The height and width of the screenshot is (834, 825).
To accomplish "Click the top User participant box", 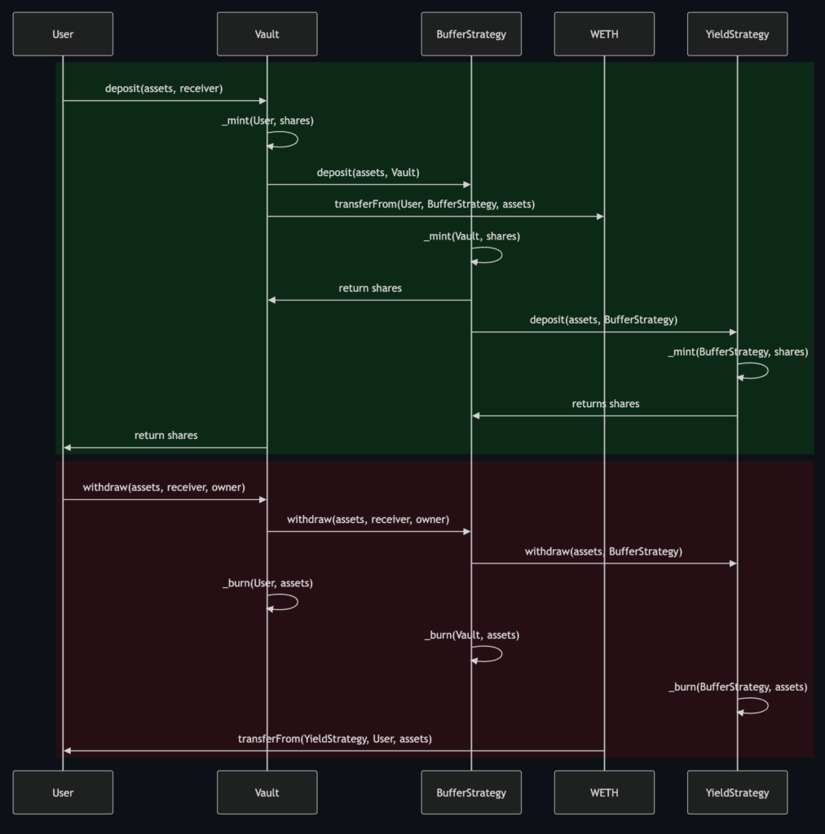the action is pos(63,34).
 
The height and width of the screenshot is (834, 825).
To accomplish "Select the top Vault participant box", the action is pos(267,34).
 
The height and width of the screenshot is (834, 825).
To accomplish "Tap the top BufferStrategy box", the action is pos(471,34).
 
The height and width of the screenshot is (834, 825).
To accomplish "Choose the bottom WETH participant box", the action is pos(604,792).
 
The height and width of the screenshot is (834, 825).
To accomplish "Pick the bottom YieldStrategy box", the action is pos(737,792).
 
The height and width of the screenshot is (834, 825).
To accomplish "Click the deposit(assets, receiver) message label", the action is pos(164,88).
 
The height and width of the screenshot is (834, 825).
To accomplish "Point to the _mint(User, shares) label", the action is pos(267,121).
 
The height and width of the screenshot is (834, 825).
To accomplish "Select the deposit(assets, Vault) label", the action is pos(368,173).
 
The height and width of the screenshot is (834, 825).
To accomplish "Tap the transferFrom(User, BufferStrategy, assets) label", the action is pos(435,204).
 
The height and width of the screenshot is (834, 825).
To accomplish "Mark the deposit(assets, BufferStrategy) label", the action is pos(603,319).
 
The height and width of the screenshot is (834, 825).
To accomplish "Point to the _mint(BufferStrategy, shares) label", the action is pos(738,352).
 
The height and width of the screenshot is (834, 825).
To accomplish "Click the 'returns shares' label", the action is pos(606,404).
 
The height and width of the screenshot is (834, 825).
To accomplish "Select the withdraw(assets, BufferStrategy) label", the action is pos(603,551).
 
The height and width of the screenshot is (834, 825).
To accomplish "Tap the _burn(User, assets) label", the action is pos(267,583).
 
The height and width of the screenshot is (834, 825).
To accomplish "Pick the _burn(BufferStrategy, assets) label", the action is pos(738,687).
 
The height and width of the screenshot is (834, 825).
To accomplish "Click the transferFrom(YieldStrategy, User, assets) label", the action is pos(335,739).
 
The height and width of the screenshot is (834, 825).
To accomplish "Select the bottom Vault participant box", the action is pos(267,792).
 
